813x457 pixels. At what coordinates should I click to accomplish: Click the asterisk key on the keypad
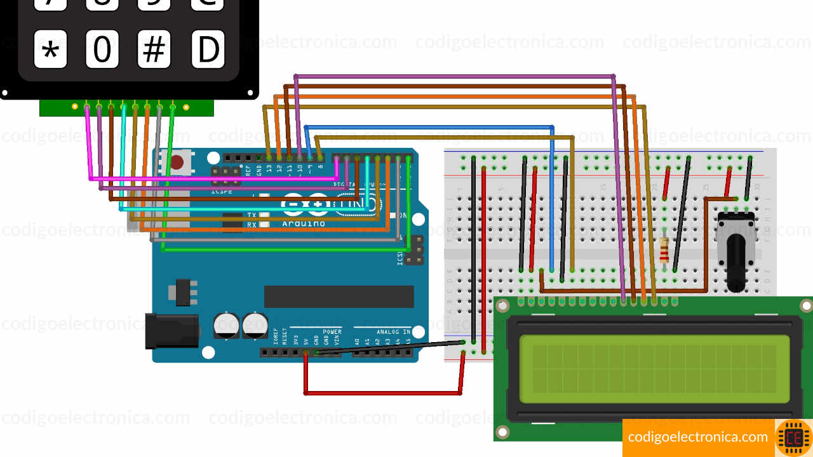click(x=50, y=50)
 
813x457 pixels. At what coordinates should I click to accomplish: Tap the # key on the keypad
click(x=154, y=50)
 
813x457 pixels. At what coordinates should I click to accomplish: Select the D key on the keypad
click(x=208, y=50)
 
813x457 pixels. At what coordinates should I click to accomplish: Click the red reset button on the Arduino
click(x=177, y=162)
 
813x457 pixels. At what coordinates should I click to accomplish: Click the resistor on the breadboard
click(x=664, y=250)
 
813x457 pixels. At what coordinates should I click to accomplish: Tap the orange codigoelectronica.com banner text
click(x=697, y=437)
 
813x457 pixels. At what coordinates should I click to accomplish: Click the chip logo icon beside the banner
click(x=794, y=438)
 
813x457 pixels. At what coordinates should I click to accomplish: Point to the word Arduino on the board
click(x=304, y=223)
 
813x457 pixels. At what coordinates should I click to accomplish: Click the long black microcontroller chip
click(x=339, y=296)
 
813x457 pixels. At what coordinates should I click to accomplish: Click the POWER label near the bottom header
click(x=332, y=332)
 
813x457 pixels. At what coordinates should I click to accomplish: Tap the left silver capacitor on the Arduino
click(x=227, y=324)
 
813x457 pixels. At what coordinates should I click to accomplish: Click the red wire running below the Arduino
click(x=381, y=394)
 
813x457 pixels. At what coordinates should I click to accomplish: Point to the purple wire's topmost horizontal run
click(x=455, y=76)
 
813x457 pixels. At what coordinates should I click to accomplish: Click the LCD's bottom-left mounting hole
click(x=502, y=432)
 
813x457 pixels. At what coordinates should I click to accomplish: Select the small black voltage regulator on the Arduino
click(x=182, y=291)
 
